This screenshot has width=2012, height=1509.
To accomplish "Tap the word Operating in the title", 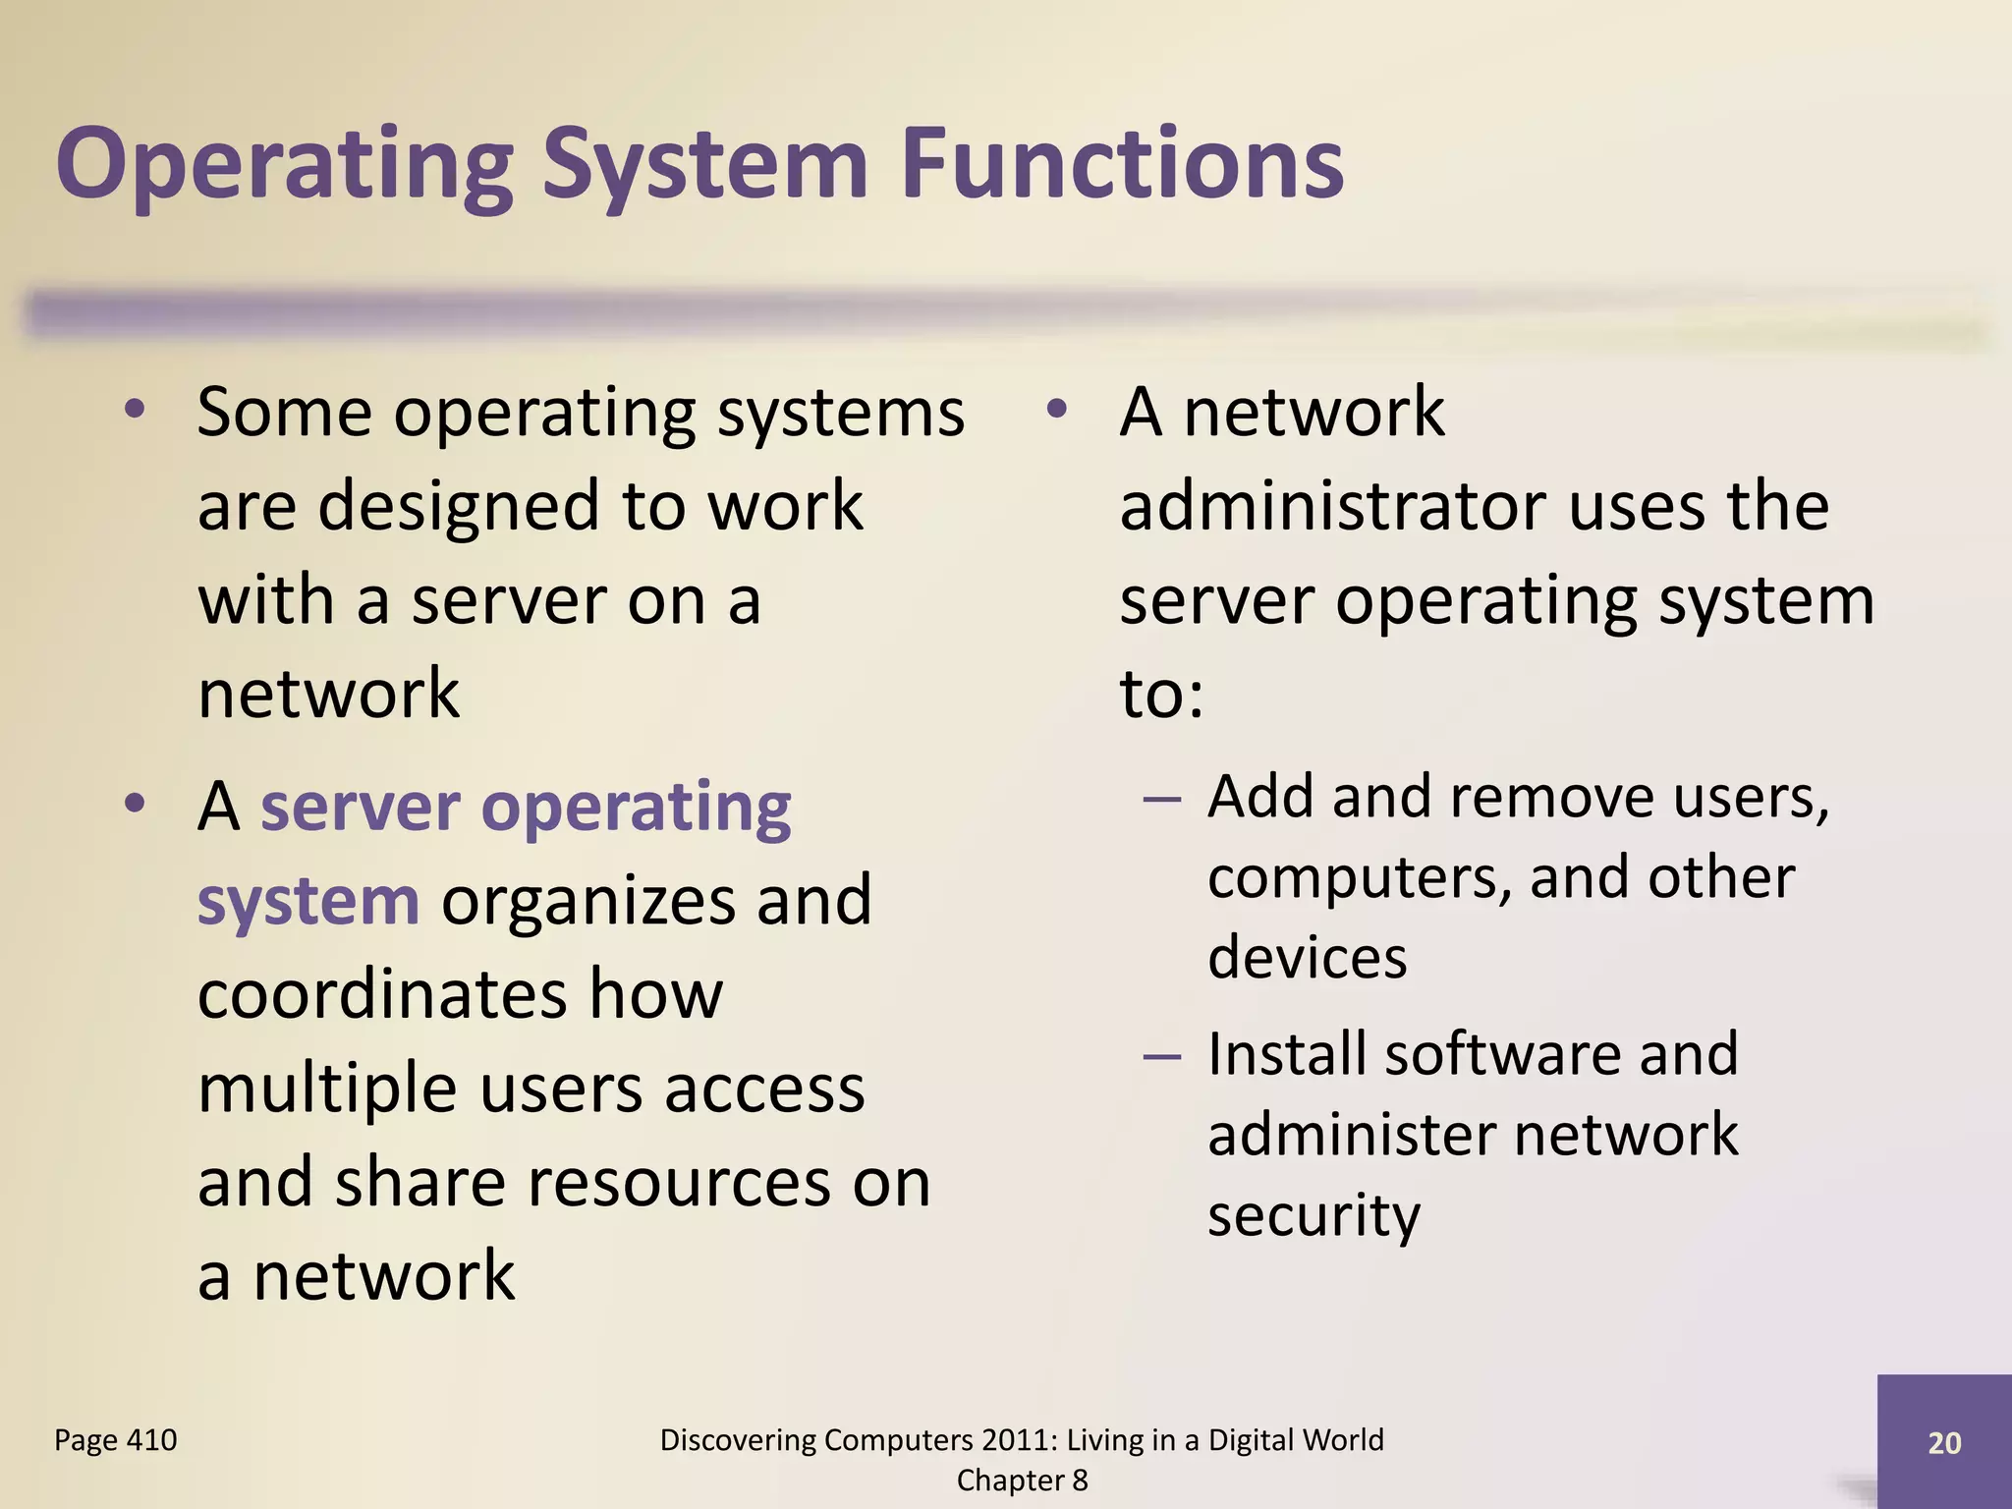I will (285, 165).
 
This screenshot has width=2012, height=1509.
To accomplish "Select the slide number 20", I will (1944, 1442).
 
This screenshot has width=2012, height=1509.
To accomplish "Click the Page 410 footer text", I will (116, 1440).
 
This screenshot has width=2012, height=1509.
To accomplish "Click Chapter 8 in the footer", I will (1022, 1481).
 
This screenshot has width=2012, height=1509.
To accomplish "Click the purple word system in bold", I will (308, 900).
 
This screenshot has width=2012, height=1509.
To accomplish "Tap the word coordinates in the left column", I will (381, 993).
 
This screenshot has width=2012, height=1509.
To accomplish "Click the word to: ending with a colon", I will (1161, 694).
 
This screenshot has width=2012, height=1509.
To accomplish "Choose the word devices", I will (1307, 957).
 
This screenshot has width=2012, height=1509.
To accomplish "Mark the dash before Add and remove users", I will (1162, 798).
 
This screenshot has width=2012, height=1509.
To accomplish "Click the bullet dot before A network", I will (1056, 410).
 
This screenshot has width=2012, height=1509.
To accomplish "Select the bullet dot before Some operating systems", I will (135, 410).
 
